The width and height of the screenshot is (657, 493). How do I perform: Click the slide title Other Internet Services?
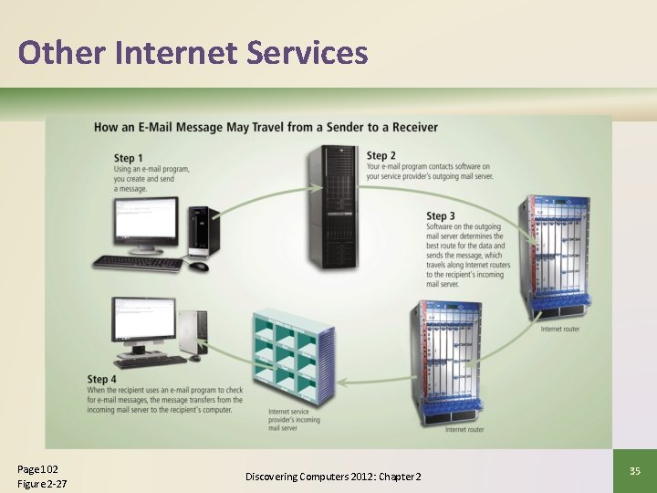point(193,52)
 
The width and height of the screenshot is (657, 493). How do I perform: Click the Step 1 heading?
point(129,159)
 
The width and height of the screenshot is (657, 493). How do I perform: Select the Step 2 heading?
point(381,155)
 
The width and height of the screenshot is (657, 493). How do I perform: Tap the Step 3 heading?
point(441,216)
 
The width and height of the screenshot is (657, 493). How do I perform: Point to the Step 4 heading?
point(102,379)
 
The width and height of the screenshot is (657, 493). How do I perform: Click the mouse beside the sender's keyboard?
point(199,267)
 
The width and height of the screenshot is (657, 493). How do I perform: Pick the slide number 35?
point(635,470)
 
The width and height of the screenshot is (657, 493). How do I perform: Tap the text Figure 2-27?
point(42,484)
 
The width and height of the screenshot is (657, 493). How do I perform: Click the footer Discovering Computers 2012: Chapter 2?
point(333,477)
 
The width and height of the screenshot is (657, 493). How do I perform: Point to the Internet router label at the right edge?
point(559,329)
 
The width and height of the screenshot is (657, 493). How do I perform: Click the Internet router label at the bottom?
point(464,429)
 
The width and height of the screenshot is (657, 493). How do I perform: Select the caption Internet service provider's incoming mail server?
point(294,419)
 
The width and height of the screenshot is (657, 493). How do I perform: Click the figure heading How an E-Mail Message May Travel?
point(266,127)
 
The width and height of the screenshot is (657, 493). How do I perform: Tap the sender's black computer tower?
point(202,232)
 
